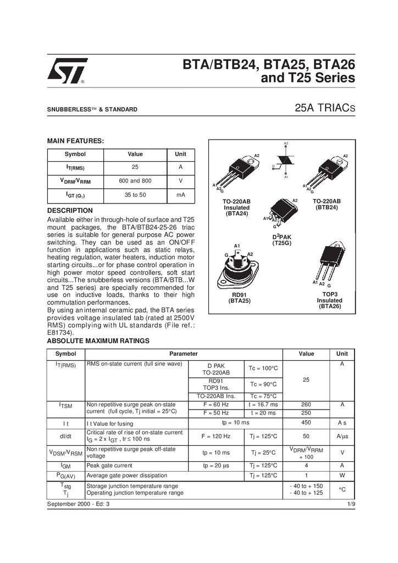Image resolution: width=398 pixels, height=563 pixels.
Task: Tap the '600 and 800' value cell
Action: coord(135,180)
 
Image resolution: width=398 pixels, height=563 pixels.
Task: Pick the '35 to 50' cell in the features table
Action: coord(135,195)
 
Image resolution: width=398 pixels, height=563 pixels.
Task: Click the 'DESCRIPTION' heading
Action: coord(70,211)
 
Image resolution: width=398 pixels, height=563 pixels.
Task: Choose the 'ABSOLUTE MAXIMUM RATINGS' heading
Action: coord(98,341)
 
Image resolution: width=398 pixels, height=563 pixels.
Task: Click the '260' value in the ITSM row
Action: coord(306,405)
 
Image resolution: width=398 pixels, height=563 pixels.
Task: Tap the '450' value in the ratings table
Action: coord(306,422)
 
